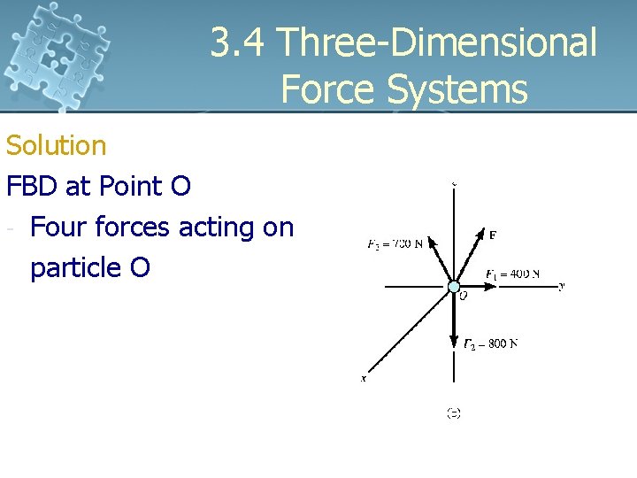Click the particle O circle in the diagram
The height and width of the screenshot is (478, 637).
454,287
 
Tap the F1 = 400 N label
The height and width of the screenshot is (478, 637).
512,274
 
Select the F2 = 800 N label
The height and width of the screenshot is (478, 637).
491,343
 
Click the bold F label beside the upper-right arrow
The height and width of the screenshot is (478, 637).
492,235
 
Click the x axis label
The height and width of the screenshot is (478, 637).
364,378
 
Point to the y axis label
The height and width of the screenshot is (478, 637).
561,286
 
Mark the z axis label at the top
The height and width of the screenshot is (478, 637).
454,184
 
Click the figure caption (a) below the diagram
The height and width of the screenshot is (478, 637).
453,412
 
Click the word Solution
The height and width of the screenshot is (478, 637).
56,145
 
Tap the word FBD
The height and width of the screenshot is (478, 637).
33,186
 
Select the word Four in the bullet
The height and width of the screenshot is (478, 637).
58,227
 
